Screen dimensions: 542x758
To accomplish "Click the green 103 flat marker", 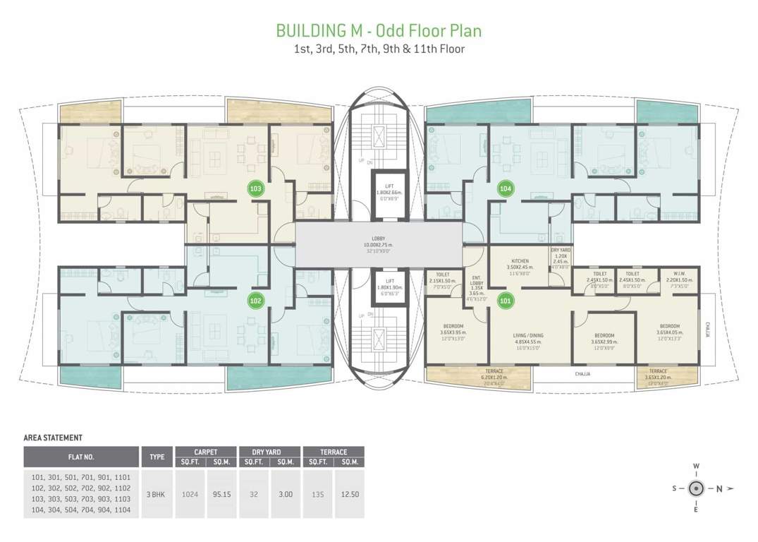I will (256, 189).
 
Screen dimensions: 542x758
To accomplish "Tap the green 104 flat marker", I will (505, 188).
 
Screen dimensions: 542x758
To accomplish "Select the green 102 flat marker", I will (256, 301).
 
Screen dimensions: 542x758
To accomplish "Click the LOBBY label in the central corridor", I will (379, 238).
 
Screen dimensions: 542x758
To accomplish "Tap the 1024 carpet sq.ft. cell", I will (190, 494).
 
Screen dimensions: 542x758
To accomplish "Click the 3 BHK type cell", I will (157, 494).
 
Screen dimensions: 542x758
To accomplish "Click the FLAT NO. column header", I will (81, 457).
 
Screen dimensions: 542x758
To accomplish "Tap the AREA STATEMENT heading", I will (53, 438).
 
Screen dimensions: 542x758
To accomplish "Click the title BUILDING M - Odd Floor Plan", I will (379, 31).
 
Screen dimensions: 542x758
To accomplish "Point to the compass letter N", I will (719, 488).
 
